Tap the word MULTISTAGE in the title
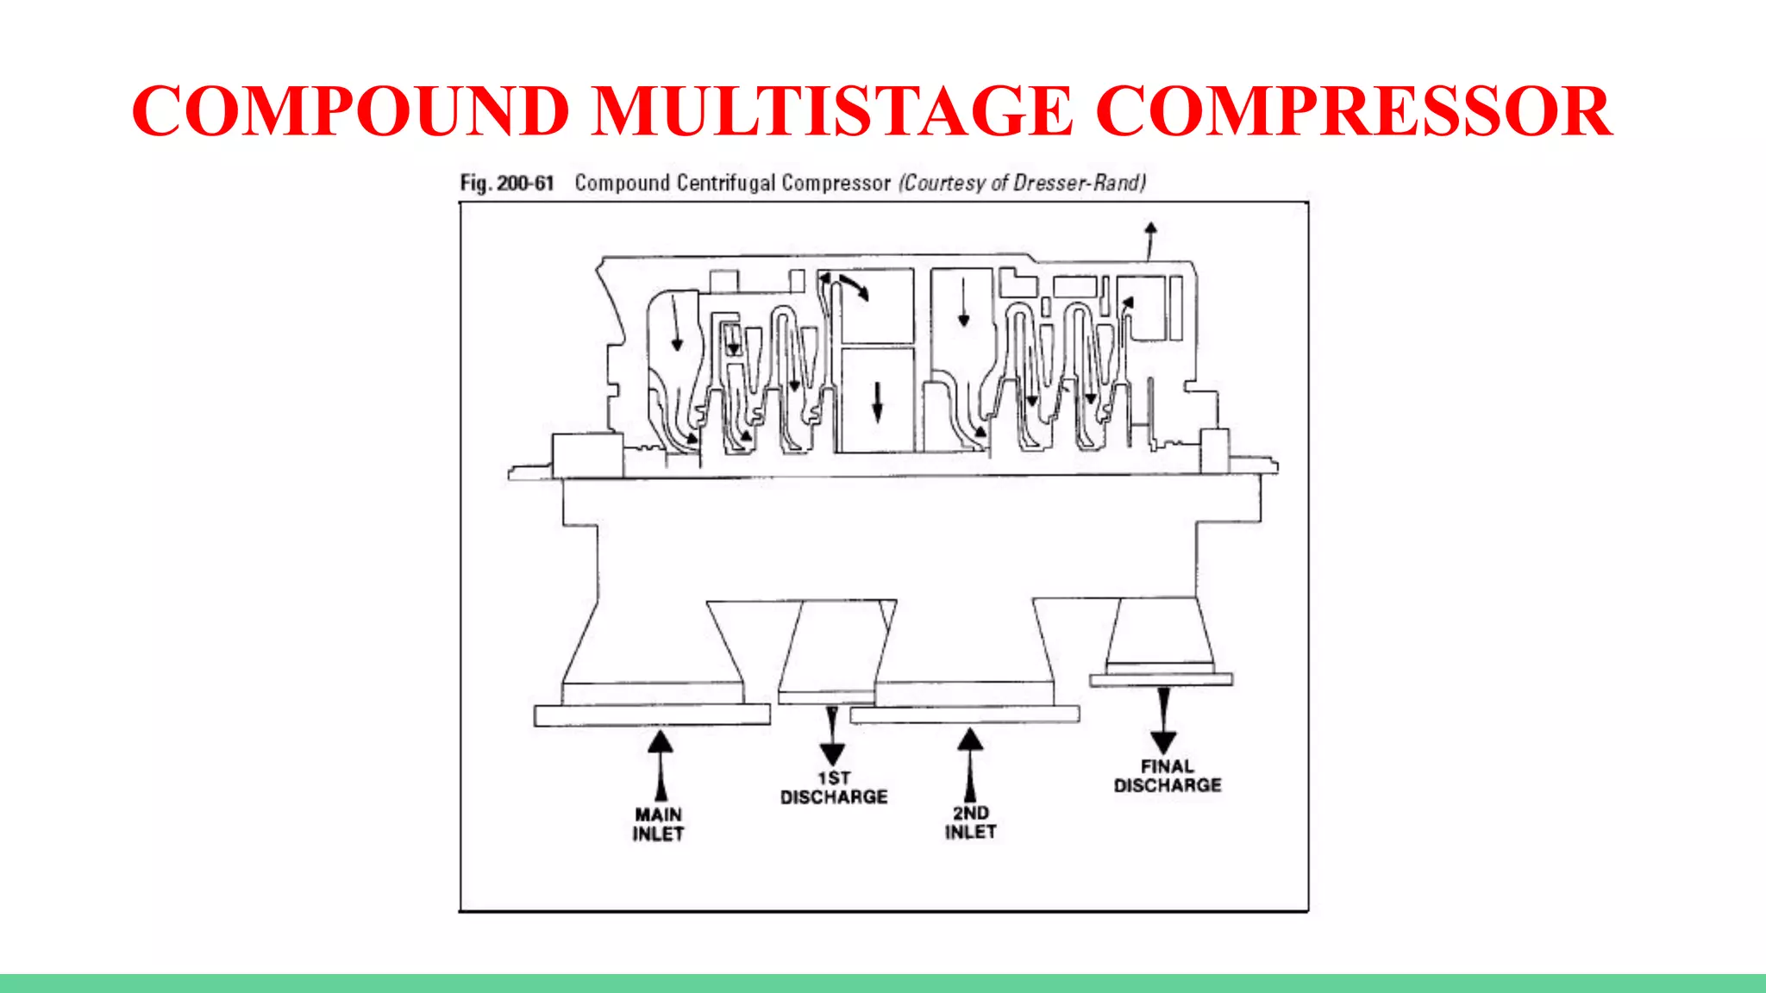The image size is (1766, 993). click(831, 111)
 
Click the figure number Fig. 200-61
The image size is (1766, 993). click(506, 183)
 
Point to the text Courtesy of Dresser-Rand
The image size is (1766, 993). click(1023, 183)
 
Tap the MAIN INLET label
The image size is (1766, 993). click(658, 824)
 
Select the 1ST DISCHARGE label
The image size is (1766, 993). click(834, 788)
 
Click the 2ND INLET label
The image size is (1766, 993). click(970, 822)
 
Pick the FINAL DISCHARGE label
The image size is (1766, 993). click(1168, 776)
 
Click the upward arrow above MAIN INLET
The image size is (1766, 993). click(661, 762)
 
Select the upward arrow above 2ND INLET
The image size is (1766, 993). click(970, 762)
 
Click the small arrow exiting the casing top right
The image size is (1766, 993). click(1150, 240)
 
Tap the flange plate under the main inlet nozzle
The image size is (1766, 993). click(652, 715)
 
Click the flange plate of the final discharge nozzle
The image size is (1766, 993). click(1161, 680)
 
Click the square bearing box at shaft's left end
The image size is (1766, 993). click(586, 456)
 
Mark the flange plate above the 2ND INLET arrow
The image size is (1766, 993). click(964, 714)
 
